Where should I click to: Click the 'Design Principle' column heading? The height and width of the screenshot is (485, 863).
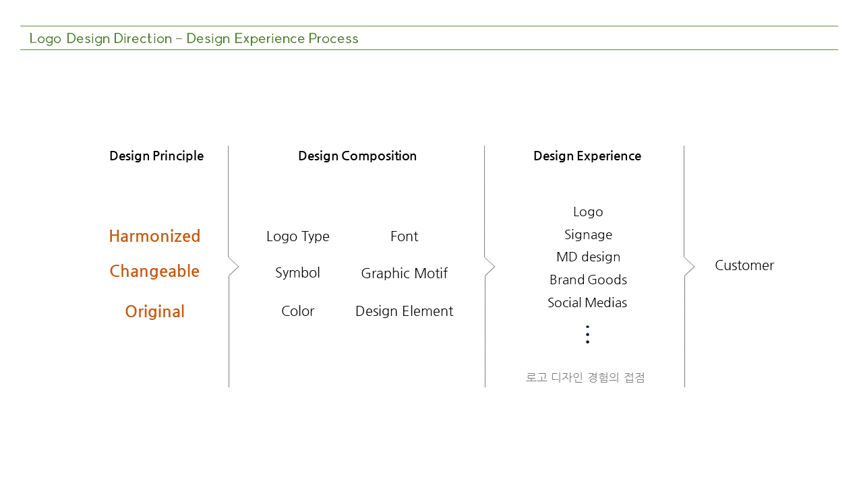156,156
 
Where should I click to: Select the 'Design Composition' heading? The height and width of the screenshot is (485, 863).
357,156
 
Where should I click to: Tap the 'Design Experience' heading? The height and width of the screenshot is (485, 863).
587,156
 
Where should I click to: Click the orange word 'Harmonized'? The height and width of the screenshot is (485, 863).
155,236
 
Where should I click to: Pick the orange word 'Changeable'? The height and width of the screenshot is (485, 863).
155,271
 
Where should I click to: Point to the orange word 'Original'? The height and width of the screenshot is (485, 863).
155,311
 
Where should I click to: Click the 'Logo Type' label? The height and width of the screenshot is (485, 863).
298,236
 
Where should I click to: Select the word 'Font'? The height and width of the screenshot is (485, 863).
404,236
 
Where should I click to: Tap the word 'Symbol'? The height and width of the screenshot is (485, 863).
297,273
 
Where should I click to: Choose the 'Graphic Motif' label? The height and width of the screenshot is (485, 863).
404,273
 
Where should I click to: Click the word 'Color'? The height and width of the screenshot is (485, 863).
298,311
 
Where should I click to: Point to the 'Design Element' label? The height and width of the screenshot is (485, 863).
404,311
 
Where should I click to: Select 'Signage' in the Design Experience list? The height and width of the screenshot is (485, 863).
589,235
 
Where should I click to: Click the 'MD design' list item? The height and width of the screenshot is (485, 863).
589,257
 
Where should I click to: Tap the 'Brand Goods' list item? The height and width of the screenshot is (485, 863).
589,280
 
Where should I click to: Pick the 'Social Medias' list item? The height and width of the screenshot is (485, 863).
587,302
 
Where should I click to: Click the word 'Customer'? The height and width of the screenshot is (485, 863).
744,265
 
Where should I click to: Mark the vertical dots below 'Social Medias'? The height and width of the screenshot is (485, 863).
587,335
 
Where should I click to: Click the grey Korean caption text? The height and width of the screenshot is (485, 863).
585,377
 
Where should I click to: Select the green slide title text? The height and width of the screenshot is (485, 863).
194,38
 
